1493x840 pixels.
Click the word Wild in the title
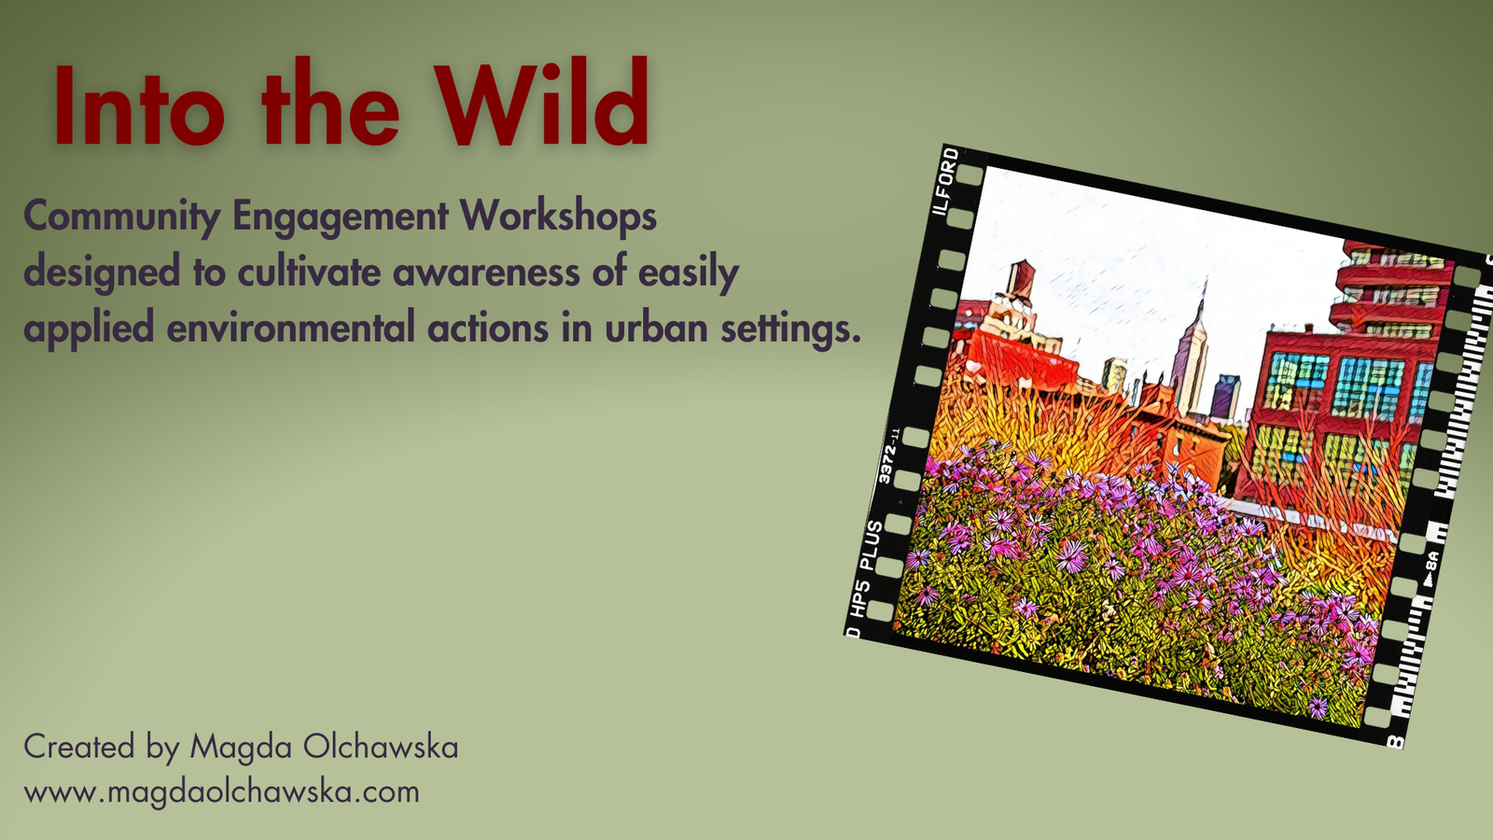click(542, 102)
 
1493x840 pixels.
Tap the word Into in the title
click(139, 105)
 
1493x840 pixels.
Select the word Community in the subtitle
click(122, 217)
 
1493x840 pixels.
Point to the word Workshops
click(559, 217)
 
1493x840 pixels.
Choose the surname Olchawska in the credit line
click(381, 747)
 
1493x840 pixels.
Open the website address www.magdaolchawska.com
click(222, 793)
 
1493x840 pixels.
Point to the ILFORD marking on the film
click(946, 182)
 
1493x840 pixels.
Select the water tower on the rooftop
click(1019, 280)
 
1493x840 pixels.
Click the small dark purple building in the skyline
click(1225, 397)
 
